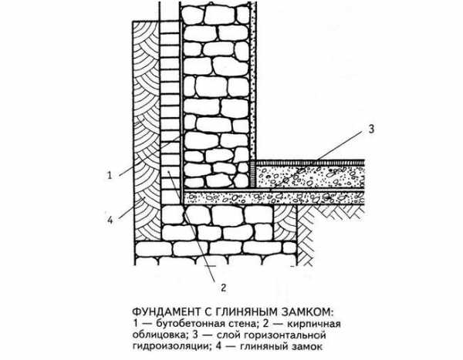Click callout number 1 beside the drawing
pos(110,175)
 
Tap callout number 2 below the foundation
pos(224,287)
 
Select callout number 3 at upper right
pos(371,129)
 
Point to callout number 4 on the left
pos(110,220)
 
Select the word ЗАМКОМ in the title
pos(309,312)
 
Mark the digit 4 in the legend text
pos(218,346)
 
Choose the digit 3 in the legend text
pos(195,335)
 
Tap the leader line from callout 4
pos(132,209)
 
